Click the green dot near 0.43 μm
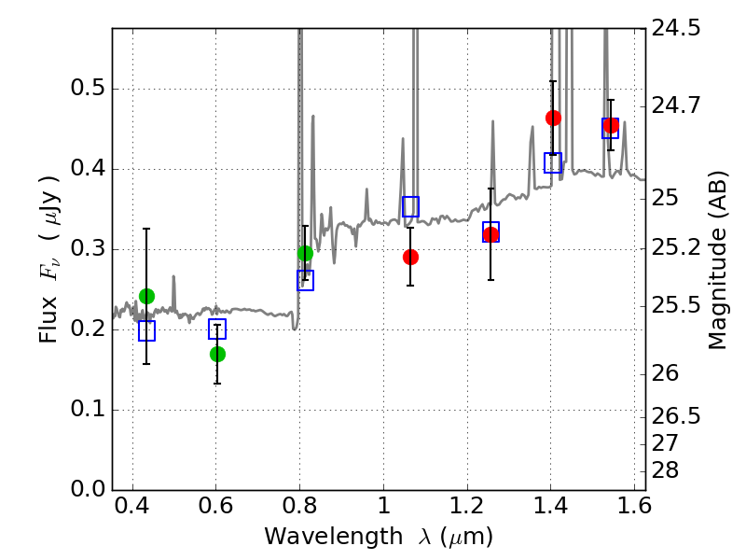[x=147, y=296]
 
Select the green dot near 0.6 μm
[x=217, y=355]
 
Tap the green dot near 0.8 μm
[x=306, y=254]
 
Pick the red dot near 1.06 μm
[x=410, y=258]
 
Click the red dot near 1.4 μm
[x=553, y=118]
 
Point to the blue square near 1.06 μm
[x=410, y=206]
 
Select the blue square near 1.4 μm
[x=553, y=162]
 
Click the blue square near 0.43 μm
[x=146, y=330]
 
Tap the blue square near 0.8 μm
[x=306, y=280]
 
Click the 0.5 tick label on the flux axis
[x=88, y=88]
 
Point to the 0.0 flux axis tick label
[x=88, y=489]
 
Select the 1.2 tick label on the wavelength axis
[x=467, y=506]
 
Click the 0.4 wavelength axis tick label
[x=132, y=506]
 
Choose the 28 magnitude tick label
[x=665, y=470]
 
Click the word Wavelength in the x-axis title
[x=334, y=537]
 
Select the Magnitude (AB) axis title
[x=717, y=260]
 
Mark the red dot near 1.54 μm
[x=611, y=126]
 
